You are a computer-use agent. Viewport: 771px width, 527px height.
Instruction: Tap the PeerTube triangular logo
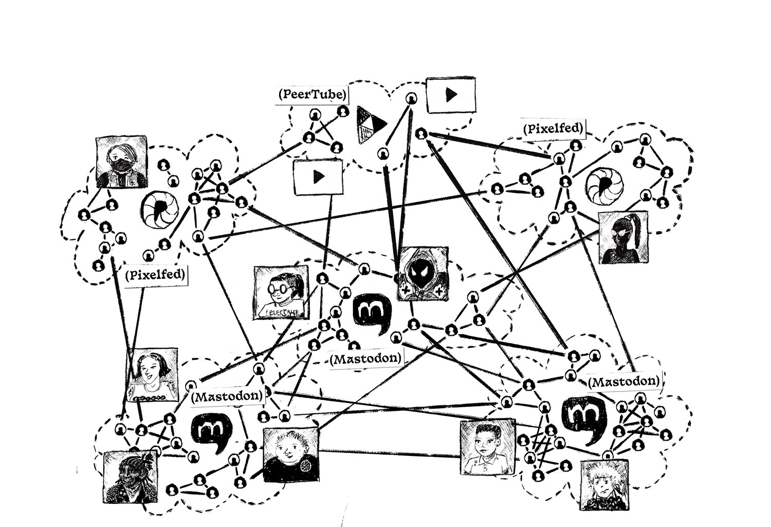coord(371,124)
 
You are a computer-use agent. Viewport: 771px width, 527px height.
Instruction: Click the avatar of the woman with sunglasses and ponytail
coord(623,238)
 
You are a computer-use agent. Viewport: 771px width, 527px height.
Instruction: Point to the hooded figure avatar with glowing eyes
coord(423,273)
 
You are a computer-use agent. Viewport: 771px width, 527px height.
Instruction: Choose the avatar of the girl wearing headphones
coord(153,375)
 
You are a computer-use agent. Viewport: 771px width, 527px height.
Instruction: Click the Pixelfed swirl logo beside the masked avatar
coord(160,209)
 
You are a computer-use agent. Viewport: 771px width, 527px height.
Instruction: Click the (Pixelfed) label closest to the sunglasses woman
coord(553,129)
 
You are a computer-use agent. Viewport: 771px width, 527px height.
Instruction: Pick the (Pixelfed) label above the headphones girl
coord(154,275)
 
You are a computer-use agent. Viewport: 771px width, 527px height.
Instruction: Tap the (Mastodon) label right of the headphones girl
coord(227,397)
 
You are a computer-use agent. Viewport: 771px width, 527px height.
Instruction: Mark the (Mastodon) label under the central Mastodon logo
coord(365,359)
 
